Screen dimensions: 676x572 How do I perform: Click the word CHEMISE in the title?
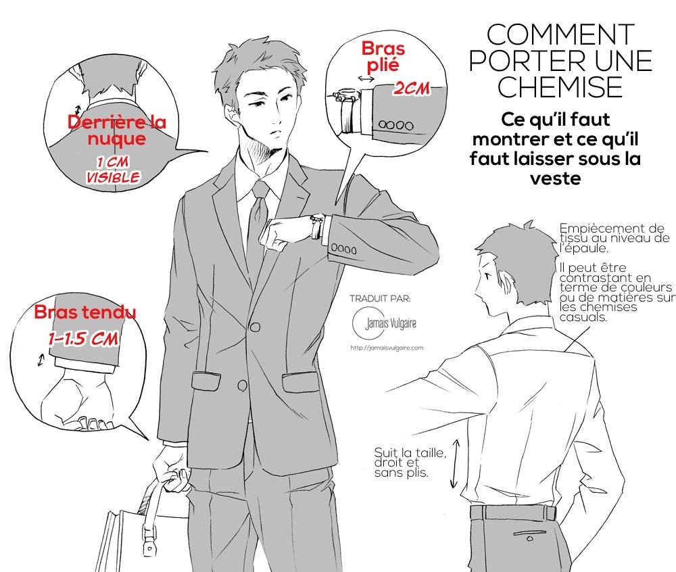pos(560,87)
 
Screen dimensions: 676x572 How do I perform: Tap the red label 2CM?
pos(411,89)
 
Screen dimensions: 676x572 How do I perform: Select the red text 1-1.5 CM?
pos(83,339)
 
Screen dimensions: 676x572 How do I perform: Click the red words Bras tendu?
pos(85,312)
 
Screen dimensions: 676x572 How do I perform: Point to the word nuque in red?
pos(117,139)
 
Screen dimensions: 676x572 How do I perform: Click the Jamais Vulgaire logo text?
pos(391,323)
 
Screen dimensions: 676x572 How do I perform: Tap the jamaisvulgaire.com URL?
pos(387,348)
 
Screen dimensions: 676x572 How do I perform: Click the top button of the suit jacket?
pos(256,327)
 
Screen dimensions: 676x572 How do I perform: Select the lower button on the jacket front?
pos(242,385)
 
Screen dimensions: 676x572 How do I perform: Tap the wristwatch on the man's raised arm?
pos(317,226)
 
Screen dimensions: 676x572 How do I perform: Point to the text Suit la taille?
pos(410,452)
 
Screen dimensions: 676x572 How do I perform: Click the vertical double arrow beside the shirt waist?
pos(454,464)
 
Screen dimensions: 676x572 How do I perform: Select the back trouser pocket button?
pos(530,538)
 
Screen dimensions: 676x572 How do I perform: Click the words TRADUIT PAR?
pos(380,298)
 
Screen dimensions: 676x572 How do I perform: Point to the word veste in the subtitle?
pos(555,178)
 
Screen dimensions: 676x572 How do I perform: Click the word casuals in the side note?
pos(583,317)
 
